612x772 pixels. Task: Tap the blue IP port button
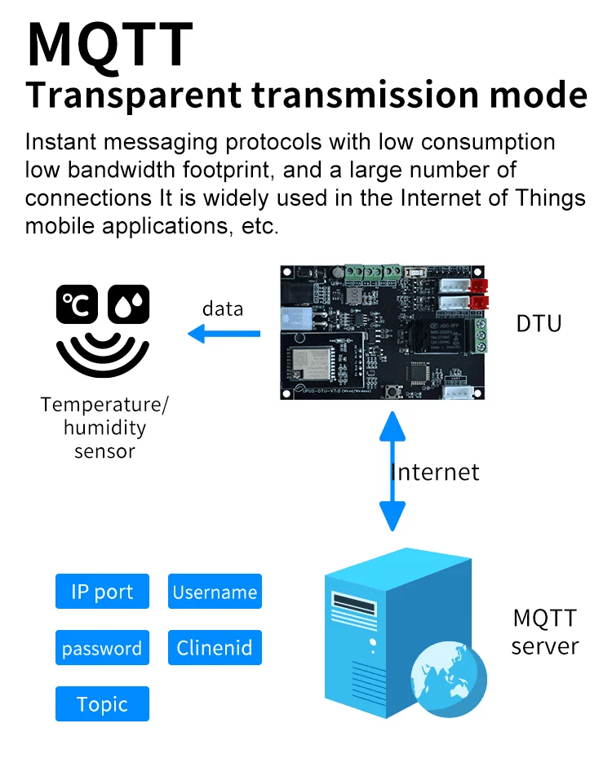[x=102, y=592]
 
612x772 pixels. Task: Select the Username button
[x=215, y=592]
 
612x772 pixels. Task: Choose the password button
[x=102, y=648]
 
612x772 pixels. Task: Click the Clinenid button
[x=215, y=648]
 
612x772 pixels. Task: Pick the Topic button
[x=102, y=704]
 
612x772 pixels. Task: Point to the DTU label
[x=539, y=323]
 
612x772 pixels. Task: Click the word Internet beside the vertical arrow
[x=436, y=472]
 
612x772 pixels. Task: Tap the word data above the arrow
[x=223, y=308]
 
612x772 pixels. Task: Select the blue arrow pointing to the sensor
[x=224, y=333]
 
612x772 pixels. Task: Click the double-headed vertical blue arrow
[x=392, y=472]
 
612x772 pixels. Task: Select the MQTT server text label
[x=544, y=632]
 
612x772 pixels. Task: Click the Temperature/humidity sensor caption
[x=105, y=428]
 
